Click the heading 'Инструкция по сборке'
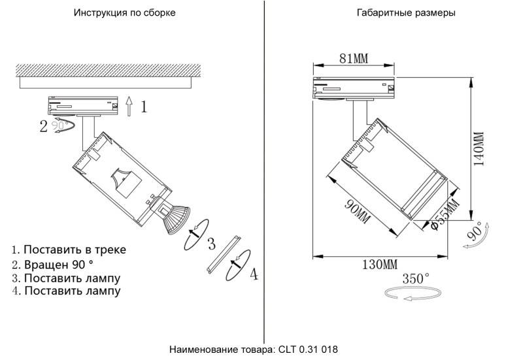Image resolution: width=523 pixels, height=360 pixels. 124,13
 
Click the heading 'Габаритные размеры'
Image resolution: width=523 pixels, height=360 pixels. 406,13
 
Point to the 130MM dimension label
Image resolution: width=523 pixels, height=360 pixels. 379,265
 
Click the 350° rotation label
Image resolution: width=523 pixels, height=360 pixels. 416,279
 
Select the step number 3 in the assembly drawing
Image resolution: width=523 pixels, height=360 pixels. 211,244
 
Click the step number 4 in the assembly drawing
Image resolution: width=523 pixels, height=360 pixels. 254,274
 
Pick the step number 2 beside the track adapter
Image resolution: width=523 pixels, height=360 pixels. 44,126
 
